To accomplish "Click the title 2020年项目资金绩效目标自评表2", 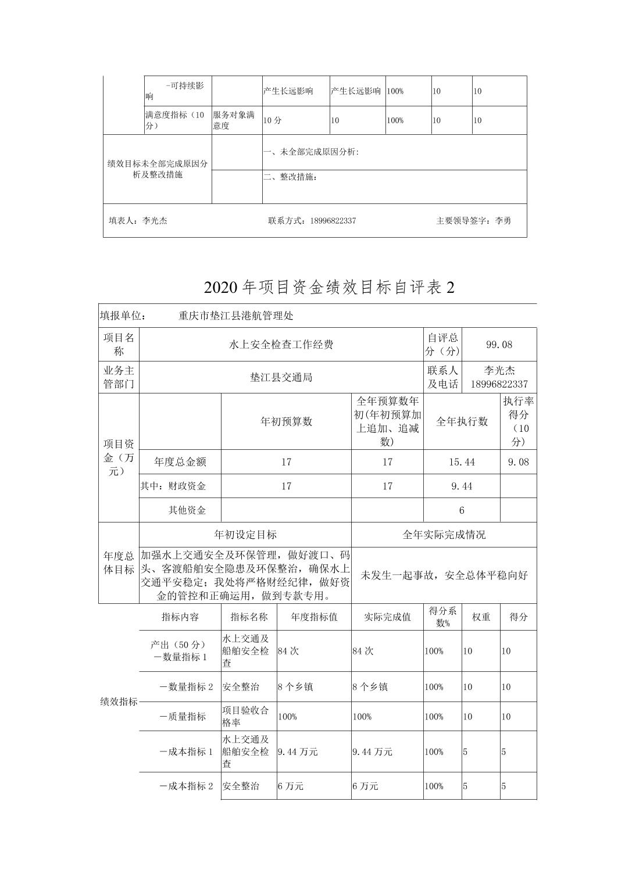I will (328, 287).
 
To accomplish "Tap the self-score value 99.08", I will (499, 345).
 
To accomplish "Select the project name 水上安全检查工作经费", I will (281, 345).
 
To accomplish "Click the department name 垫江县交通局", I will (281, 377).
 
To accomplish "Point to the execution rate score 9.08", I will (518, 462).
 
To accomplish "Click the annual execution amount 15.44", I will (462, 462).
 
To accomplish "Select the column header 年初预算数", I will (286, 421).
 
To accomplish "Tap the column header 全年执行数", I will (462, 421).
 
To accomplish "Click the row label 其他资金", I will (187, 510).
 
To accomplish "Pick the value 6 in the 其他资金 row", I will (462, 510).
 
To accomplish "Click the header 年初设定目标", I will (245, 535).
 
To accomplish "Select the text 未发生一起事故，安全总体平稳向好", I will (444, 575).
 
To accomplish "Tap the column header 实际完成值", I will (387, 617).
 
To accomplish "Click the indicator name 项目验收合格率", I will (245, 717).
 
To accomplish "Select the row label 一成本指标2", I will (186, 786).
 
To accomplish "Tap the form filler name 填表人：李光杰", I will (138, 221).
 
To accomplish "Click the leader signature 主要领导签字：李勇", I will (473, 221).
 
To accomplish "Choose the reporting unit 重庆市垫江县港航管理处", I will (236, 316).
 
